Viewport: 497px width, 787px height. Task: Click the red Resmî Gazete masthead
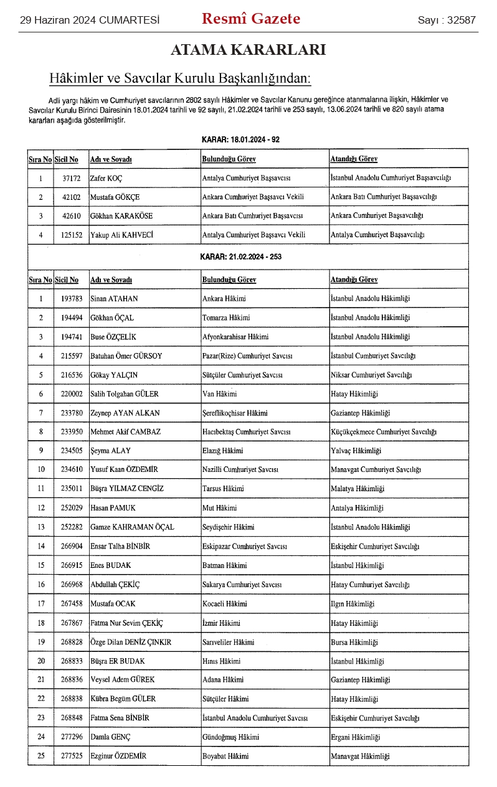point(251,19)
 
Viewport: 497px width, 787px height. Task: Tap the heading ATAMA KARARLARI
point(248,50)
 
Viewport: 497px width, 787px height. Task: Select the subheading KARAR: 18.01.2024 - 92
point(241,139)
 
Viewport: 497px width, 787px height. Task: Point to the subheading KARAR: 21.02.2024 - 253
point(241,257)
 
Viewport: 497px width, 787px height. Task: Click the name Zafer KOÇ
point(107,179)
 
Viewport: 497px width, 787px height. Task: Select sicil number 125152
point(72,235)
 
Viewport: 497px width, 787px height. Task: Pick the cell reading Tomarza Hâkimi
point(226,318)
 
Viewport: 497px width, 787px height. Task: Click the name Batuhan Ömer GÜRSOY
point(126,356)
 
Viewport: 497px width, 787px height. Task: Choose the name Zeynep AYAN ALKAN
point(125,413)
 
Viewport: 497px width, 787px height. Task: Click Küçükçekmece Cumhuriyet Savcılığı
point(384,432)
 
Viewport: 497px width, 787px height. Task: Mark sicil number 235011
point(72,489)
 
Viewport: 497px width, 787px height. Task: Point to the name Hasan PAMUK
point(113,508)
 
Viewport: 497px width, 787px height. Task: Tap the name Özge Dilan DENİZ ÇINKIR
point(131,642)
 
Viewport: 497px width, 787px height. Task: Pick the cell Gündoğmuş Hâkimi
point(229,737)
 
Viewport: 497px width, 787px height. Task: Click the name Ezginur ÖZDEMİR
point(118,756)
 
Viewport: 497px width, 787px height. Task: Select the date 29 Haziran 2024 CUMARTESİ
point(90,21)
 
